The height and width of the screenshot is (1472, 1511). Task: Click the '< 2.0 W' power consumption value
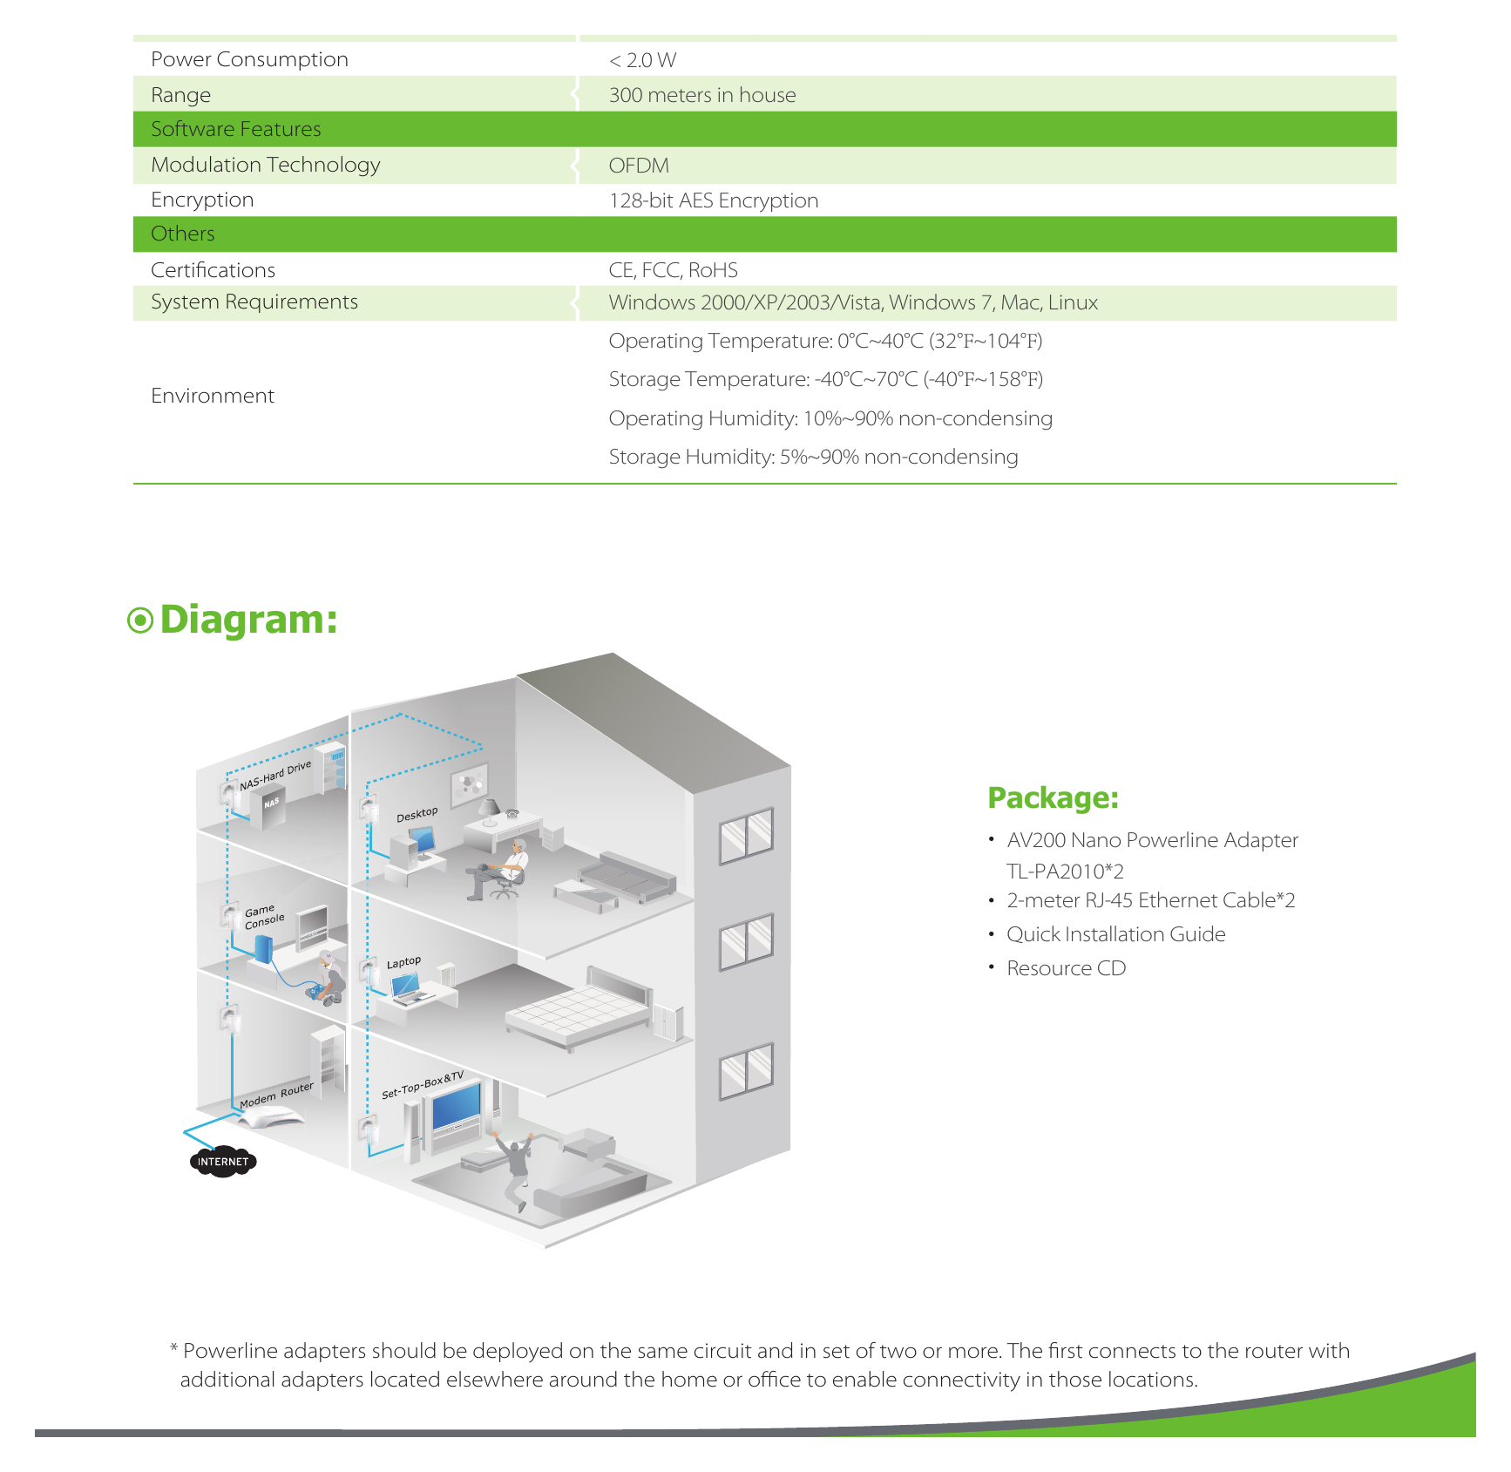click(642, 60)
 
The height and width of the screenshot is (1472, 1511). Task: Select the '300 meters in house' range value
click(702, 95)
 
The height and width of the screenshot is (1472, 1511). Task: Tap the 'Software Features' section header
click(236, 129)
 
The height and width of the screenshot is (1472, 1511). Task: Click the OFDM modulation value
click(639, 166)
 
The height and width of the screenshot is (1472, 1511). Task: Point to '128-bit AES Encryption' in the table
click(714, 200)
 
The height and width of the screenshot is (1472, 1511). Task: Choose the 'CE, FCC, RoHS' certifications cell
click(674, 270)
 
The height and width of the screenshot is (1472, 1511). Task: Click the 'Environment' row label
click(213, 396)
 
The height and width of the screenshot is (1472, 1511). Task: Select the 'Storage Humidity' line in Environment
click(813, 457)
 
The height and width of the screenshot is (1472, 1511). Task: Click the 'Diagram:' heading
click(249, 620)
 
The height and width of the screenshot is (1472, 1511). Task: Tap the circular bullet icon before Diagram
click(140, 621)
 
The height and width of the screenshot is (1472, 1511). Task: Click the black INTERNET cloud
click(223, 1162)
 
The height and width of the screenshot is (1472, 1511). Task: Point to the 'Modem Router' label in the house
click(276, 1096)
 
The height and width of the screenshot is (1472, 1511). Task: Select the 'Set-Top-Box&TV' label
click(423, 1085)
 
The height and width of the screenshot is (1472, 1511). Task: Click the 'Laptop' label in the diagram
click(403, 962)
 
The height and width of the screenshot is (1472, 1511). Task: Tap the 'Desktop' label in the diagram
click(417, 814)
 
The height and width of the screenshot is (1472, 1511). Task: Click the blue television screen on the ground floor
click(457, 1107)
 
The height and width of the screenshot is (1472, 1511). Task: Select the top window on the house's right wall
click(746, 836)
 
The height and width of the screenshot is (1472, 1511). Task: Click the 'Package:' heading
click(1053, 798)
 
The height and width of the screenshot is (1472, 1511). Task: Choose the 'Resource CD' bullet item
click(1066, 968)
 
